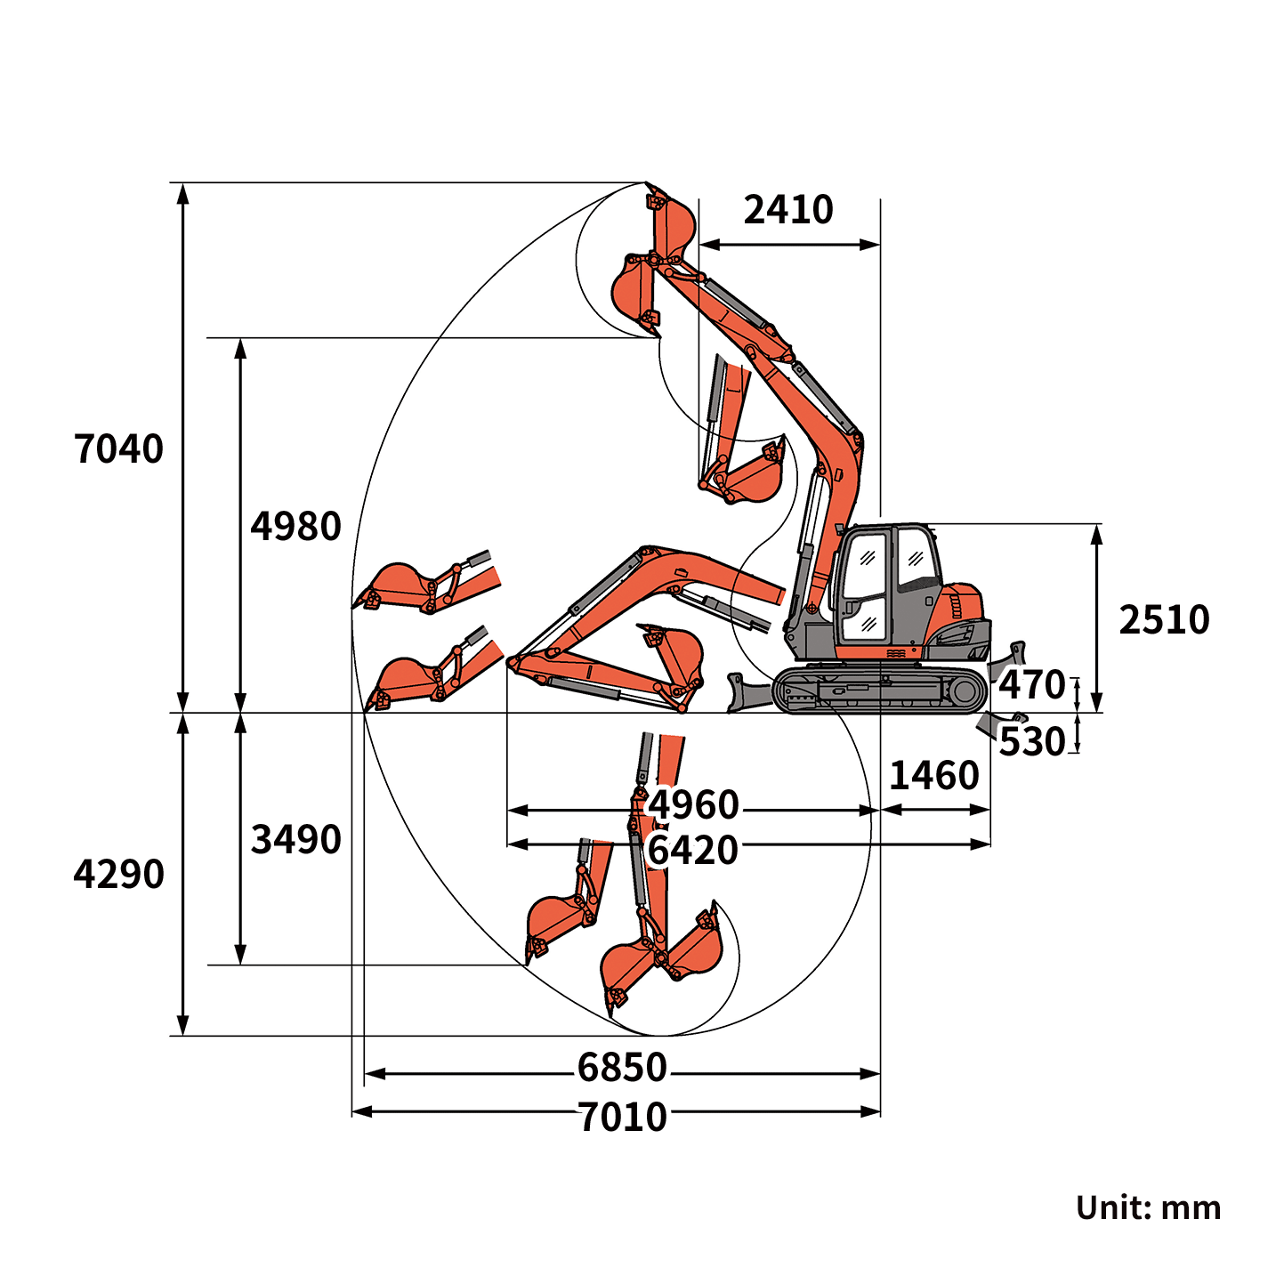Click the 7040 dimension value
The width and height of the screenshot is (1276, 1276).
click(118, 449)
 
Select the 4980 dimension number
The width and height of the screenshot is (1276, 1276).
click(295, 527)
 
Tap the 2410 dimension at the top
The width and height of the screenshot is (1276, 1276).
click(788, 210)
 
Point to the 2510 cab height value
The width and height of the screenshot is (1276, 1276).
click(1164, 620)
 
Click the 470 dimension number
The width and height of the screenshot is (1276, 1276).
click(1031, 685)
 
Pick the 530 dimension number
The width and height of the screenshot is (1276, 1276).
click(1031, 741)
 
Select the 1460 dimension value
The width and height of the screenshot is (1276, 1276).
click(934, 776)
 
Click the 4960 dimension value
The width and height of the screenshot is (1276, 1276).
click(693, 805)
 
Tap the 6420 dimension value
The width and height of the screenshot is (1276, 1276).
click(693, 851)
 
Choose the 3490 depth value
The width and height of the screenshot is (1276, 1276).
click(295, 840)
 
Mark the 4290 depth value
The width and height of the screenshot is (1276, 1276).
click(118, 875)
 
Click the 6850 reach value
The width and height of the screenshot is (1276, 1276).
click(622, 1067)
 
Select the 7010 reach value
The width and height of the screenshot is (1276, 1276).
click(622, 1117)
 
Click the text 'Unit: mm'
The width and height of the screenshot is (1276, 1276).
click(1148, 1207)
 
